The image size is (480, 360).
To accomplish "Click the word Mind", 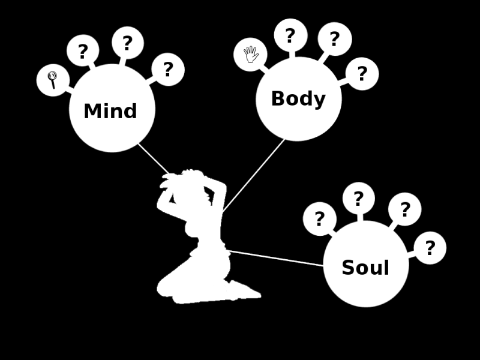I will tap(110, 112).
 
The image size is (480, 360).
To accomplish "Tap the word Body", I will tap(298, 99).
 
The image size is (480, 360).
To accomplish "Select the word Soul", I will tap(365, 268).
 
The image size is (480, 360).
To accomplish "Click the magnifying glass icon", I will tap(52, 79).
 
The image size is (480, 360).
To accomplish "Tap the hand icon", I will tap(250, 55).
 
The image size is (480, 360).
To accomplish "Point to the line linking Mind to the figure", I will tap(153, 158).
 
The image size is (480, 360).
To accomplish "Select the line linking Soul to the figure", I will tap(276, 258).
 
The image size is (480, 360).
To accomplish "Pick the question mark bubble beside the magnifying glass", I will tap(83, 51).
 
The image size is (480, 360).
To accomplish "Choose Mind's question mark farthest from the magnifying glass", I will tap(168, 70).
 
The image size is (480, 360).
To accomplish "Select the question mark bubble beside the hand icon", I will tap(290, 35).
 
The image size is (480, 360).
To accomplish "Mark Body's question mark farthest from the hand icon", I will tap(362, 74).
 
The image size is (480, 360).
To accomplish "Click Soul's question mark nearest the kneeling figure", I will tap(319, 219).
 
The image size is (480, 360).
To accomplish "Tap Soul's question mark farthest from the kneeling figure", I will tap(430, 248).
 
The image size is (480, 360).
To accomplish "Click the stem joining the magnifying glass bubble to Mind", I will tap(68, 89).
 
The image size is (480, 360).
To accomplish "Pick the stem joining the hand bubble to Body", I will tap(263, 68).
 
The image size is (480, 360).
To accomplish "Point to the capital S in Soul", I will tap(347, 268).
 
